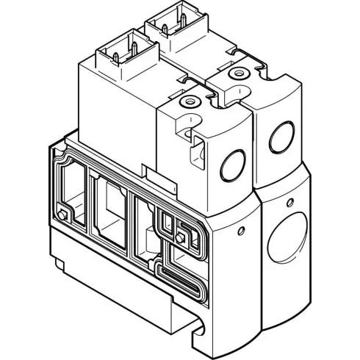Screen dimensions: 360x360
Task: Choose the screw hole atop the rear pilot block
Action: click(237, 74)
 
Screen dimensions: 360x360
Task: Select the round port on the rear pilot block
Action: click(280, 135)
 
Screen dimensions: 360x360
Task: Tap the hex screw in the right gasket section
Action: click(179, 237)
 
